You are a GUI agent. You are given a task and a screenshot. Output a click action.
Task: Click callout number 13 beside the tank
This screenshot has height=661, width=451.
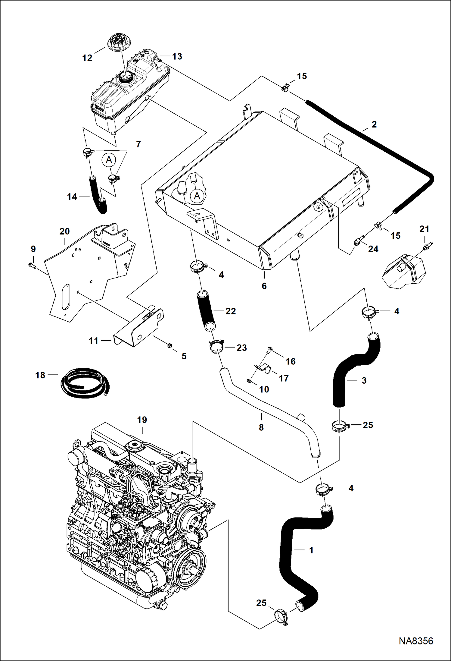coord(177,56)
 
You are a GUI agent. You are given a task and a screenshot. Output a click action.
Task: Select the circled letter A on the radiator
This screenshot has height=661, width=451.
coord(197,196)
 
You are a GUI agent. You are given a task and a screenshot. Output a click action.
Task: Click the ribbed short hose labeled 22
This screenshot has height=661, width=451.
coord(206,311)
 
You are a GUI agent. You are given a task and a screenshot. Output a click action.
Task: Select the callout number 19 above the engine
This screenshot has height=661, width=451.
coord(142,420)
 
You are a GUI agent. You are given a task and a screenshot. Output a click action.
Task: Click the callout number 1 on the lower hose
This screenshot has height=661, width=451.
coord(311,550)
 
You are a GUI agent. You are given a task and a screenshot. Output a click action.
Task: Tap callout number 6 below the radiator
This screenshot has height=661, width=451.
coord(264,286)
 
